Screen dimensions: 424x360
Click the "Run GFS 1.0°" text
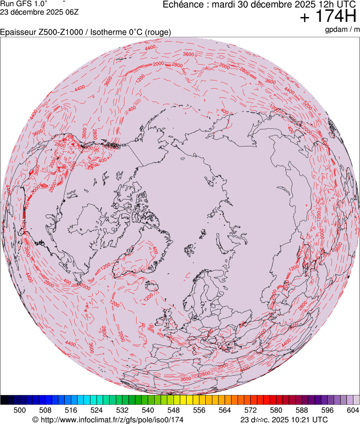coord(24,3)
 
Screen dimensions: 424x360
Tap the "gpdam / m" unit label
coord(342,29)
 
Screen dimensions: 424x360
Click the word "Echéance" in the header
coord(184,4)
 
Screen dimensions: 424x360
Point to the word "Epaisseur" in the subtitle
coord(18,32)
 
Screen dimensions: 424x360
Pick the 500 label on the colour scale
coord(20,410)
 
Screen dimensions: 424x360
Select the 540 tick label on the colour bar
coord(148,410)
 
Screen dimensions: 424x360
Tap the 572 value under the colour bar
coord(250,410)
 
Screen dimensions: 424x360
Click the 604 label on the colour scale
coord(352,410)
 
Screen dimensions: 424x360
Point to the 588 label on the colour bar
coord(301,410)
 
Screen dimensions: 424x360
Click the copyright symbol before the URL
coord(36,420)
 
